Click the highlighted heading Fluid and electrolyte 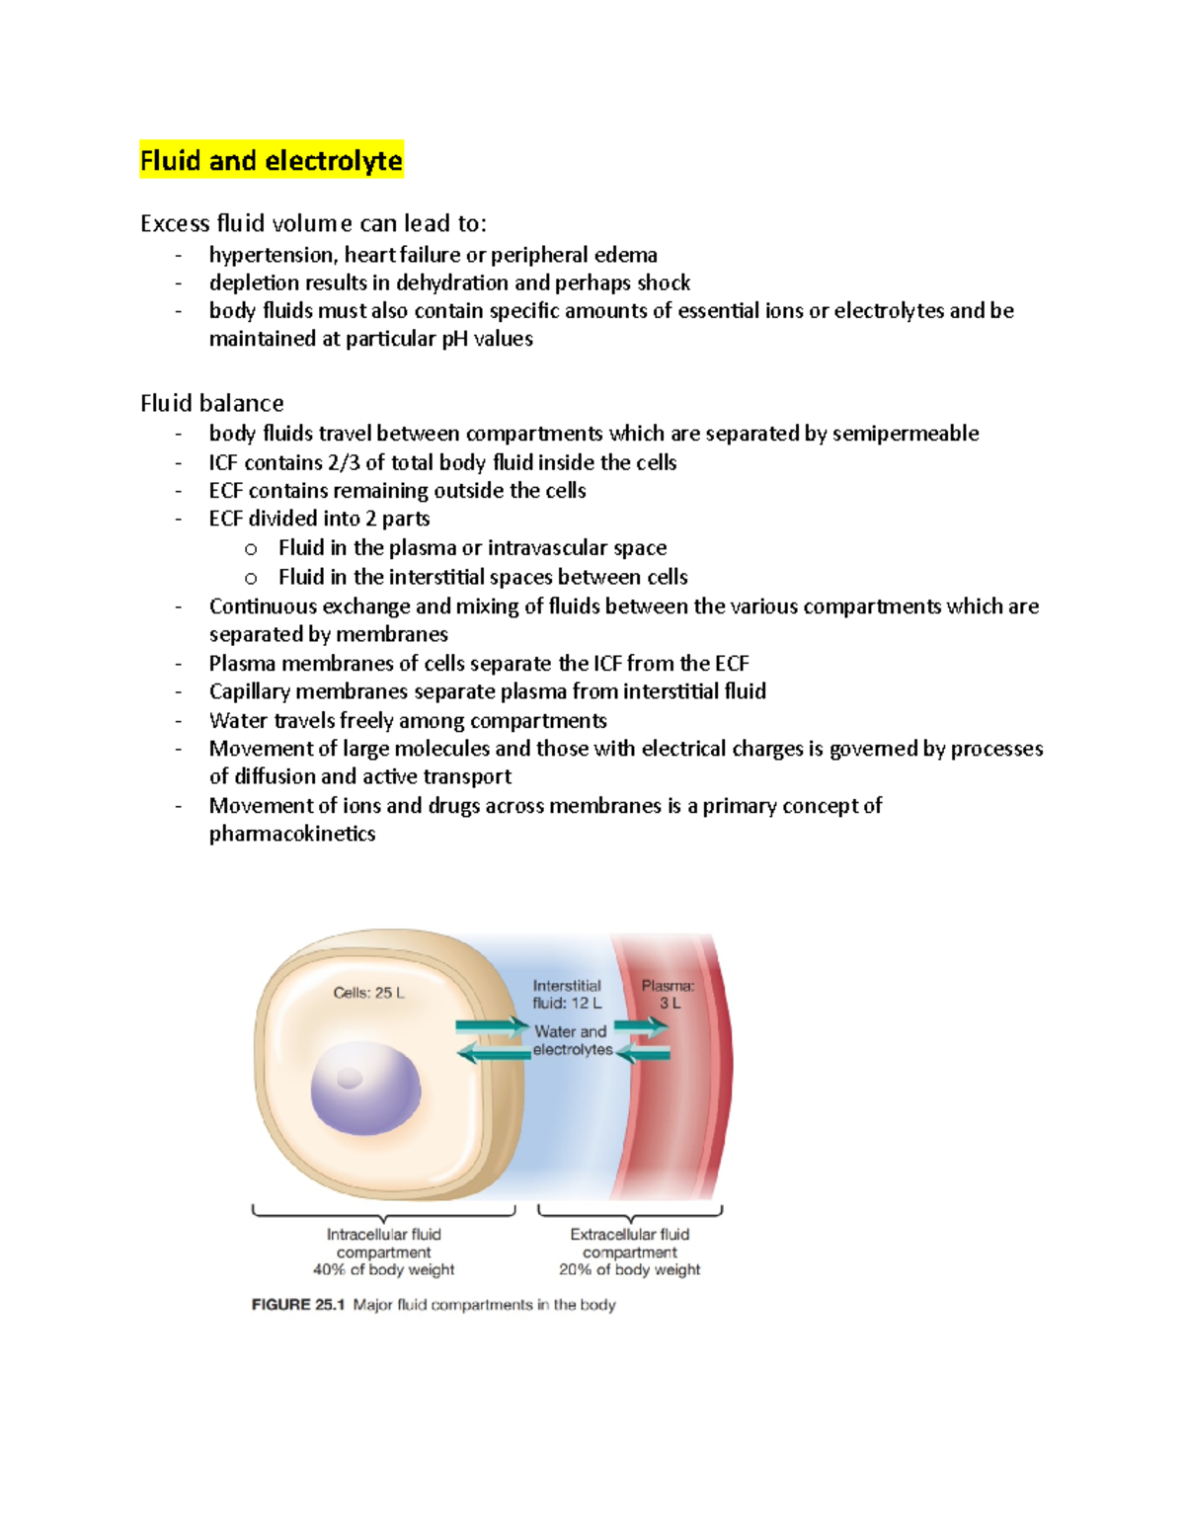coord(271,160)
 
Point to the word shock coord(664,283)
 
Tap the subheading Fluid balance coord(211,403)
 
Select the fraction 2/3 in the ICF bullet coord(344,462)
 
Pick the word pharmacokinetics coord(292,834)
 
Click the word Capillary coord(249,691)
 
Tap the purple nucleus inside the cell coord(365,1089)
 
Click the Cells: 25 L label coord(368,993)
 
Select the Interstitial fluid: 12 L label coord(567,994)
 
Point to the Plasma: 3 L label coord(669,994)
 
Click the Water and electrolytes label coord(572,1040)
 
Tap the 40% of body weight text coord(383,1269)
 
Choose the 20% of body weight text coord(629,1269)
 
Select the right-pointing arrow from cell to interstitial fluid coord(492,1026)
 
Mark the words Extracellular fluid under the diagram coord(629,1234)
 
